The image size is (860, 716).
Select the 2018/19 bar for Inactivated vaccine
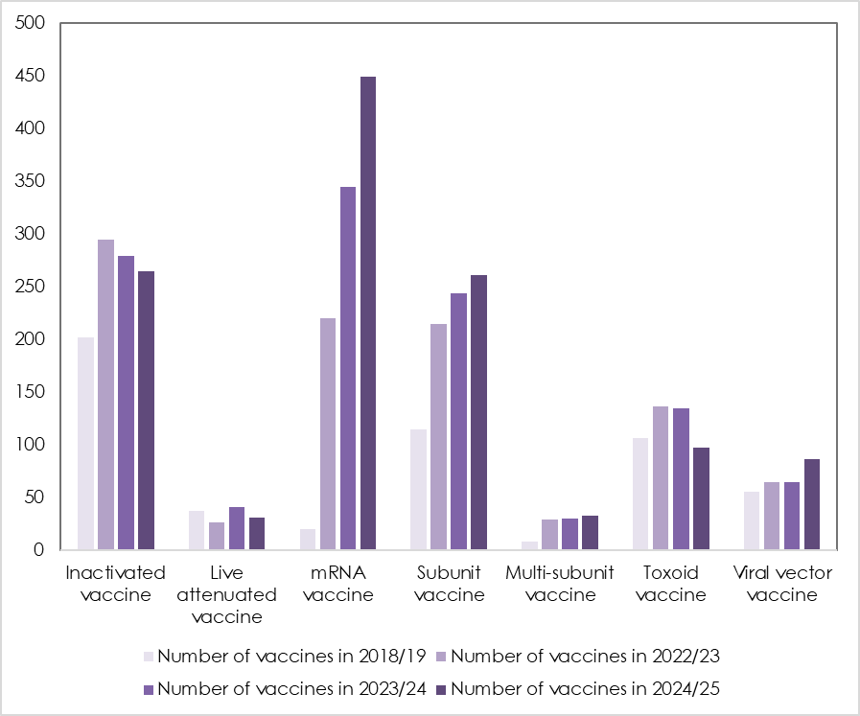tap(86, 444)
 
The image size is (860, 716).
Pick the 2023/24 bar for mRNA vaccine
tap(348, 368)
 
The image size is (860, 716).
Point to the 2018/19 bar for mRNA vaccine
tap(308, 540)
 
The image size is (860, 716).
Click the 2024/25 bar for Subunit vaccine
tap(478, 412)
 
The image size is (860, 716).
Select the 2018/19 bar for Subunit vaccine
tap(418, 490)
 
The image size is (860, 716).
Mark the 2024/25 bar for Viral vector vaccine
tap(812, 504)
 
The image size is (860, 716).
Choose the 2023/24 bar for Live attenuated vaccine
tap(237, 528)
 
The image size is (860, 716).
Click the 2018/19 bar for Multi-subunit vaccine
tap(529, 545)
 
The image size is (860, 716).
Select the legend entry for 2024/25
tap(583, 688)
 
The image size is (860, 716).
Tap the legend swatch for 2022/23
tap(441, 657)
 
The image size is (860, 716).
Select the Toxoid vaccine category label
tap(671, 584)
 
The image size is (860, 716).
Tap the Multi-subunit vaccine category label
tap(560, 584)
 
